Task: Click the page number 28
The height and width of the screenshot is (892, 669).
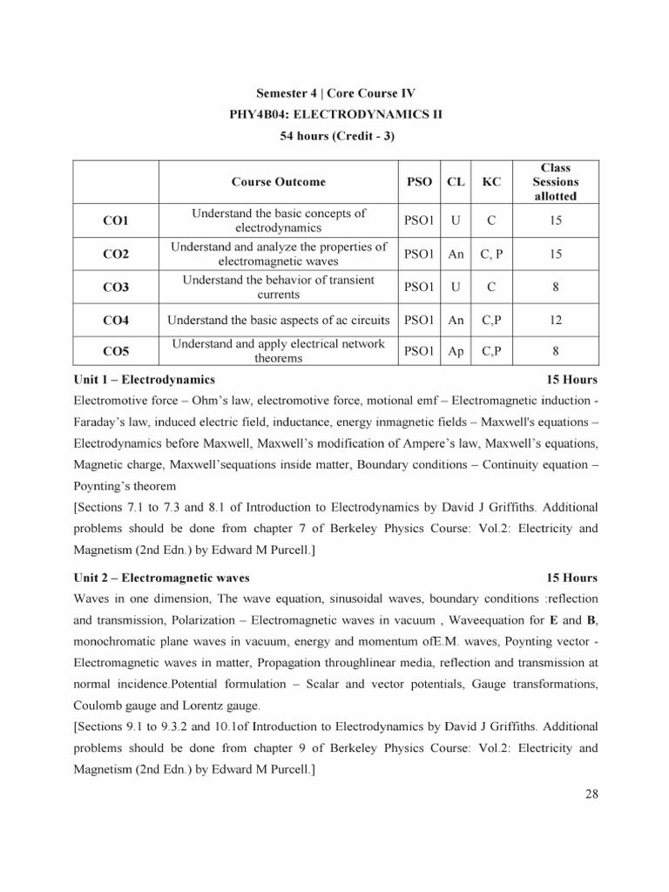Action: (591, 794)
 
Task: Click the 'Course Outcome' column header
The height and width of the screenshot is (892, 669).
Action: (278, 182)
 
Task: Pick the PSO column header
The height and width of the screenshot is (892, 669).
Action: (420, 182)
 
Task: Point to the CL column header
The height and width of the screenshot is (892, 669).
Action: (455, 182)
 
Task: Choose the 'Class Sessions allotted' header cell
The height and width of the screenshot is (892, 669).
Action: (555, 182)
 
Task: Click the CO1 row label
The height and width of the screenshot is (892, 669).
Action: (115, 221)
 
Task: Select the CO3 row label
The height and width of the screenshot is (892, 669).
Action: (115, 287)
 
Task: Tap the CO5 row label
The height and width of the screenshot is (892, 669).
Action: (115, 352)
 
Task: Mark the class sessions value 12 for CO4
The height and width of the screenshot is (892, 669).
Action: (555, 320)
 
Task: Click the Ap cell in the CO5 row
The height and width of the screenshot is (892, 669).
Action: (455, 352)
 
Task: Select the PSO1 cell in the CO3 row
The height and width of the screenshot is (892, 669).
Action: (420, 287)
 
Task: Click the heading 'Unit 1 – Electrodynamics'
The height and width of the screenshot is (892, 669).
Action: (145, 380)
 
